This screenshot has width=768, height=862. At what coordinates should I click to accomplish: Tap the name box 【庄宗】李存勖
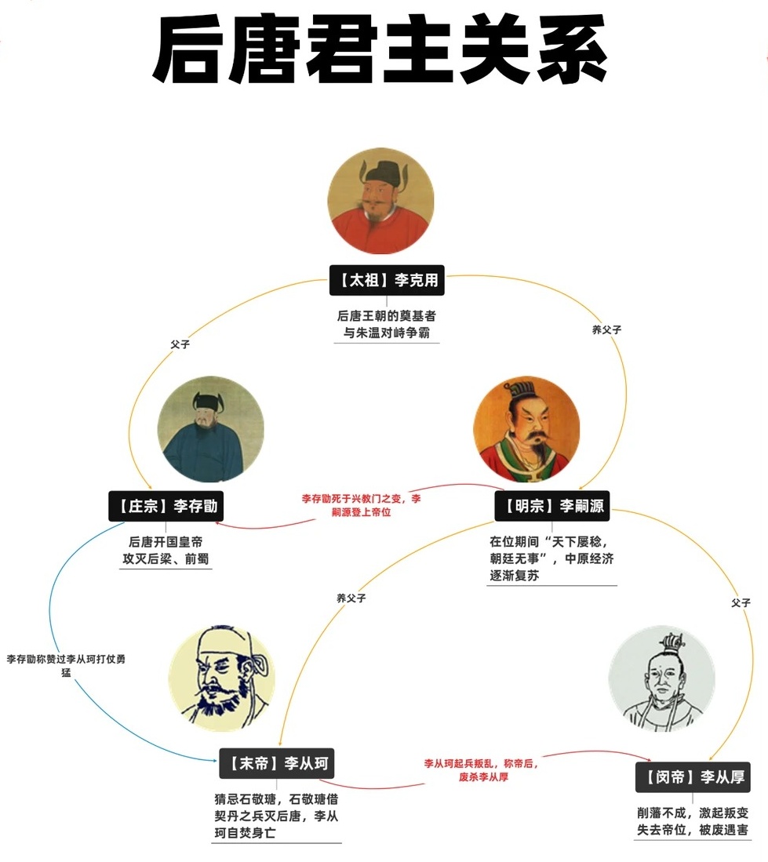click(x=166, y=506)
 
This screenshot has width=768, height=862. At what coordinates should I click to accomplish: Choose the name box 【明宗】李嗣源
click(x=551, y=506)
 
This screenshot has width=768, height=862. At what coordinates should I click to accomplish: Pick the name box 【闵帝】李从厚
click(x=693, y=777)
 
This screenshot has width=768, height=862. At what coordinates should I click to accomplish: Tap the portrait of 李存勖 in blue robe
click(x=211, y=430)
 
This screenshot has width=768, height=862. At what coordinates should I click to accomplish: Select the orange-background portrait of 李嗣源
click(x=526, y=430)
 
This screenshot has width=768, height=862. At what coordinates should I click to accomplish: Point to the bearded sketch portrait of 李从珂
click(x=222, y=678)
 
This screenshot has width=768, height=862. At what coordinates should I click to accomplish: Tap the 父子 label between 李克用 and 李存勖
click(x=180, y=344)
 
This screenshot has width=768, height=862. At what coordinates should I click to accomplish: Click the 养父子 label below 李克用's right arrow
click(x=606, y=330)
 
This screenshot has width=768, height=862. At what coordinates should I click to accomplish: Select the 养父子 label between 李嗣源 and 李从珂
click(x=351, y=598)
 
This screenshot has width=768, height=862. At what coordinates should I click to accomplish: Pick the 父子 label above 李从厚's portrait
click(x=741, y=602)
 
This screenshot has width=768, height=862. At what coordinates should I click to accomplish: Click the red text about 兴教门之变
click(x=362, y=505)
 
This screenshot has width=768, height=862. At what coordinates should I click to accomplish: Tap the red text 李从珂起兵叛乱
click(x=482, y=769)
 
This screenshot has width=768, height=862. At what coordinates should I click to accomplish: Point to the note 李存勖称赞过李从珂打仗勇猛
click(x=66, y=666)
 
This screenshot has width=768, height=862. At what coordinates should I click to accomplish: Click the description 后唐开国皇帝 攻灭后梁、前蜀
click(x=166, y=551)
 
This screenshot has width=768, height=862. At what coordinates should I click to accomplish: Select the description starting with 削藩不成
click(x=692, y=821)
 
